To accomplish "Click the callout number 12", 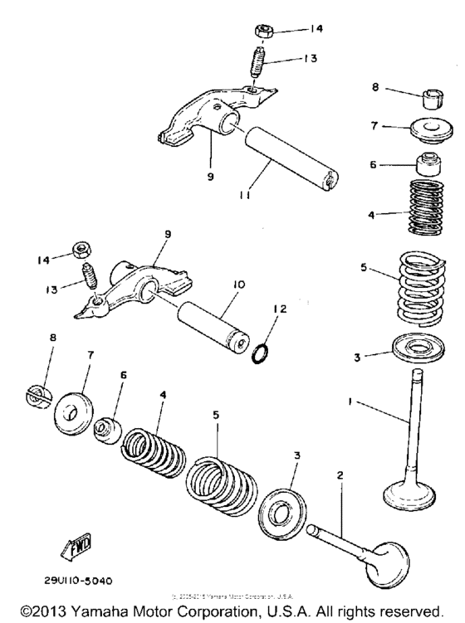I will click(281, 309).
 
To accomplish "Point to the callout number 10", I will click(239, 284).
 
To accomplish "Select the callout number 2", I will click(339, 477).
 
